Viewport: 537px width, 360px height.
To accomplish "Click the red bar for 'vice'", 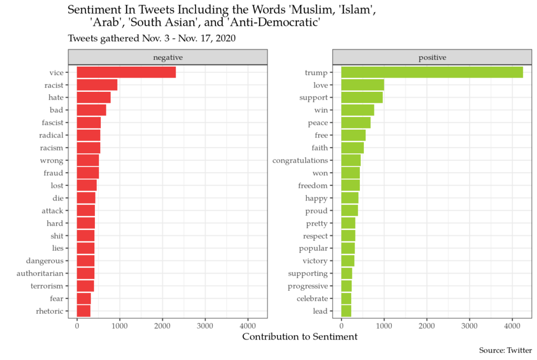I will [126, 72].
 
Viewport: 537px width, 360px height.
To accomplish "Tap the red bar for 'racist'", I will [97, 85].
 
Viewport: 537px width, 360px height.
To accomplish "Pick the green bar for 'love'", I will [362, 85].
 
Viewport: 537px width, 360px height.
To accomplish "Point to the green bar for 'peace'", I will [356, 123].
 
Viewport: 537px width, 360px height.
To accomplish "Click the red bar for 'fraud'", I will [88, 173].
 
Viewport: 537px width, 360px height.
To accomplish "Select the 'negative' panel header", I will [168, 57].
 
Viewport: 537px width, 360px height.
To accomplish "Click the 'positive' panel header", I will [432, 57].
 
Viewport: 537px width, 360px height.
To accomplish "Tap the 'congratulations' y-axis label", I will [300, 161].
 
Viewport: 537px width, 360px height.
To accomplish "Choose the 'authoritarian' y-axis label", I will [40, 273].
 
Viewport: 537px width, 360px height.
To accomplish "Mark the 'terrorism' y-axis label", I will [47, 286].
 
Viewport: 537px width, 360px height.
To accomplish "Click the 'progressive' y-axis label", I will [308, 286].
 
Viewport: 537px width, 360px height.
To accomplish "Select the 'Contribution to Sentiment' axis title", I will [299, 337].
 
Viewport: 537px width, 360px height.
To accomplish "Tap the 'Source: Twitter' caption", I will [505, 351].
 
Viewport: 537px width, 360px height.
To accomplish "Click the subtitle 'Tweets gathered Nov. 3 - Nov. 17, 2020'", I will [152, 38].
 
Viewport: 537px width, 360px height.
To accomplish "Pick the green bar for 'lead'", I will [346, 311].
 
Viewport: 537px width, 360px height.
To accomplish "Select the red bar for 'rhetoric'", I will [83, 311].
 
